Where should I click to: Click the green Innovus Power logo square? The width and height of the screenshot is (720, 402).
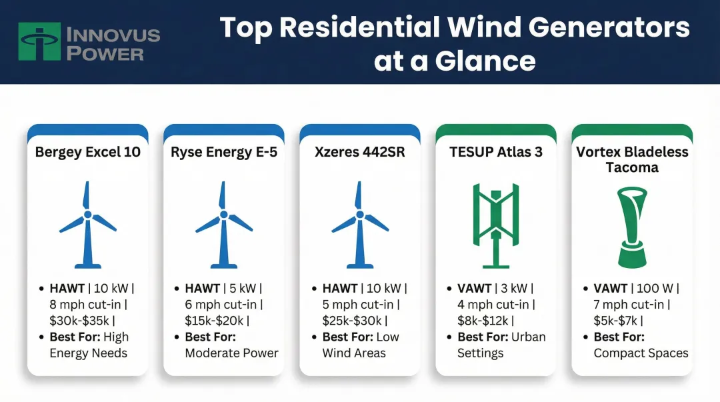coord(39,41)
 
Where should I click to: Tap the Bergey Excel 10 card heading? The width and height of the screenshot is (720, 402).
coord(88,152)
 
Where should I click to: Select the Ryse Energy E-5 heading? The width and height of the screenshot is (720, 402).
coord(224,152)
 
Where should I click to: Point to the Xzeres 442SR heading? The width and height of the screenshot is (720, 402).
coord(360,152)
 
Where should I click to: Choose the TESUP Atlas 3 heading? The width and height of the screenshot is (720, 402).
coord(496,152)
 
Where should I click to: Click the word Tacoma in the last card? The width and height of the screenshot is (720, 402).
coord(632,167)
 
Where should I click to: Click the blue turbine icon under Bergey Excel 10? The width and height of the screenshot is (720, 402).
coord(88,225)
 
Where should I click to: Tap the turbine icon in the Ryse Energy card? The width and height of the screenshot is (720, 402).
coord(224,225)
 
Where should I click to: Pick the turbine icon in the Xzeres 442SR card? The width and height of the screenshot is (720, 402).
coord(360,225)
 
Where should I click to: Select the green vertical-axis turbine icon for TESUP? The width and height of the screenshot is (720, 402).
coord(496,225)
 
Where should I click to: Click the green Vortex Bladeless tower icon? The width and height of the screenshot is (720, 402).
coord(632,227)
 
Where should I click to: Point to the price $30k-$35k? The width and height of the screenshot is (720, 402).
coord(79,321)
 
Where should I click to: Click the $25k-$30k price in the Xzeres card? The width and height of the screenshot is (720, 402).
coord(352,321)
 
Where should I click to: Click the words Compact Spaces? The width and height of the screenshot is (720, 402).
coord(641,353)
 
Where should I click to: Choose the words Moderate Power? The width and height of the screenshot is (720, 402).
coord(232,353)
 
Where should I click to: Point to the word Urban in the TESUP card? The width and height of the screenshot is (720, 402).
coord(529,337)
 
